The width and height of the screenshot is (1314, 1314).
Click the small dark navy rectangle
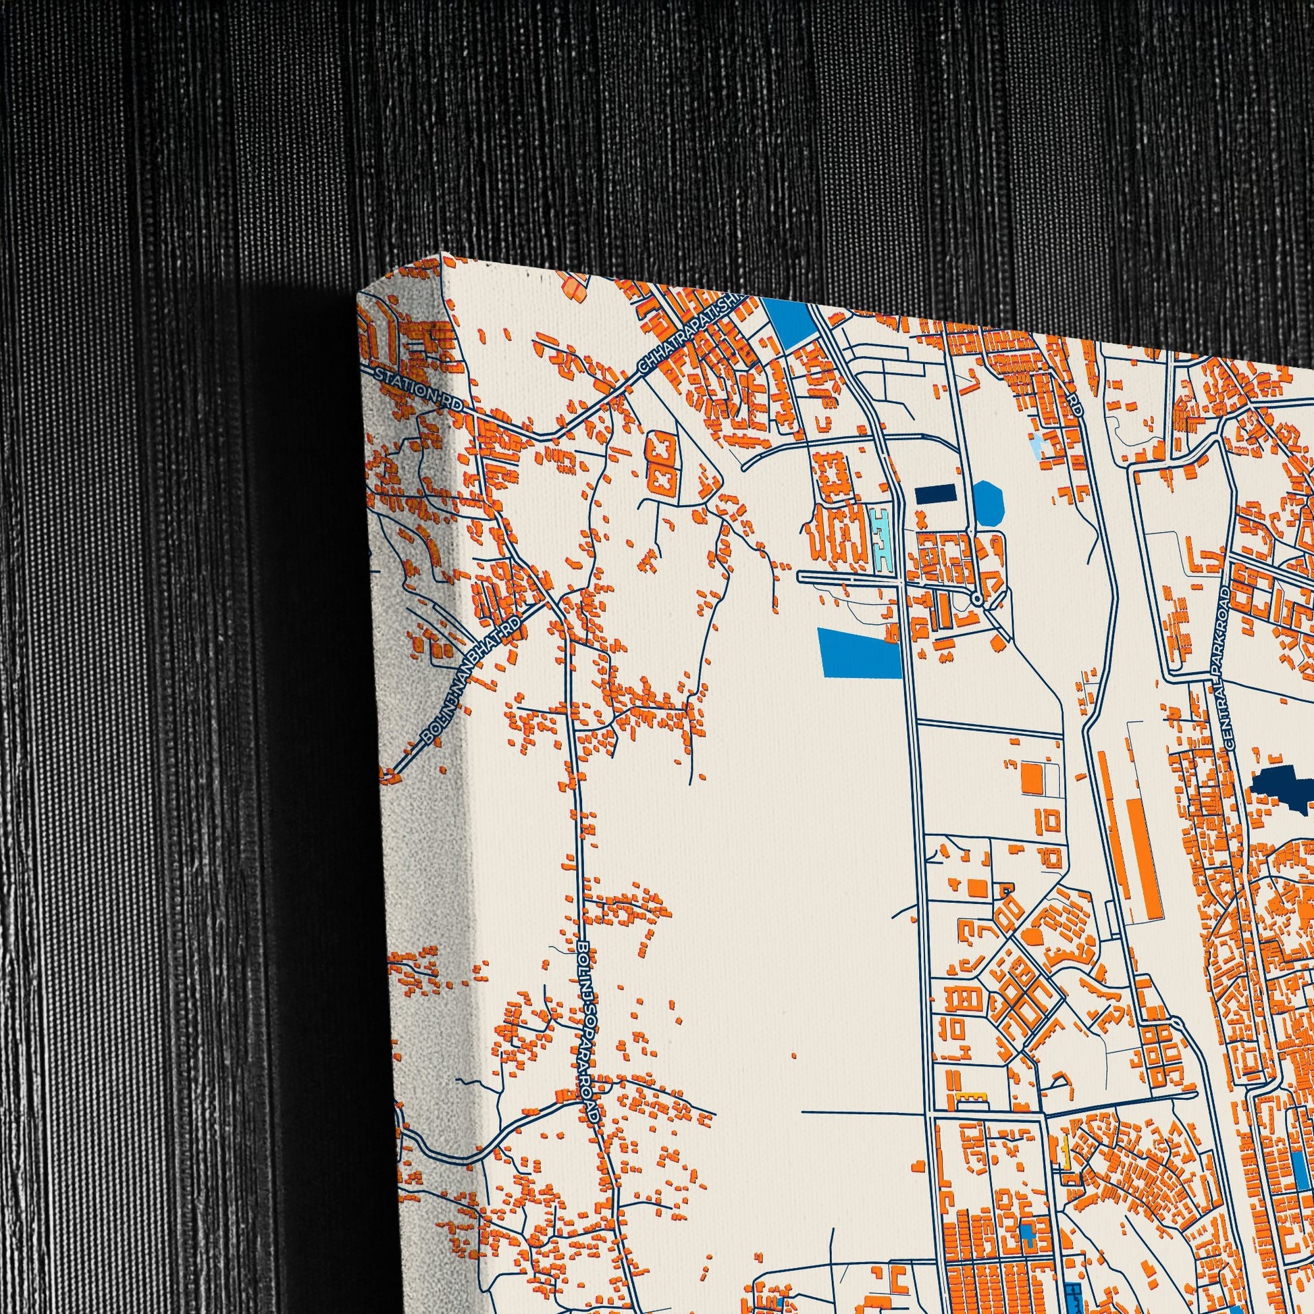pyautogui.click(x=935, y=494)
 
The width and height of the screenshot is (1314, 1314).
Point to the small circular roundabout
pyautogui.click(x=976, y=599)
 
